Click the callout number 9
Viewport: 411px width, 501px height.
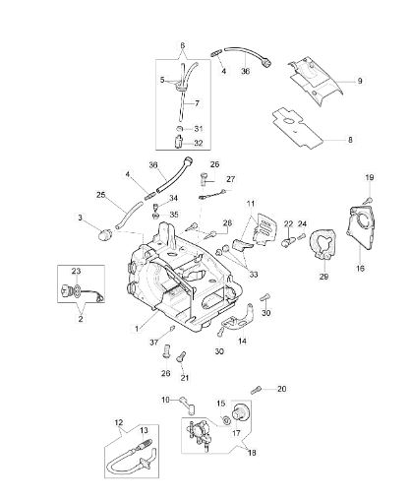pyautogui.click(x=360, y=81)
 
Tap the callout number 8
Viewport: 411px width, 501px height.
pyautogui.click(x=350, y=140)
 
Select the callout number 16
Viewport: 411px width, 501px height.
pyautogui.click(x=360, y=269)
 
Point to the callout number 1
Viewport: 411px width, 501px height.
pyautogui.click(x=137, y=328)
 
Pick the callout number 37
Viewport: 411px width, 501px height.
pyautogui.click(x=154, y=343)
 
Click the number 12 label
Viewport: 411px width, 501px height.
pyautogui.click(x=119, y=422)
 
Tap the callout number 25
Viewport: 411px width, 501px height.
pyautogui.click(x=101, y=195)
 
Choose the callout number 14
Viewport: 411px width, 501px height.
pyautogui.click(x=242, y=342)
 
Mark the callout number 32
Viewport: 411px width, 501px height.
pyautogui.click(x=199, y=144)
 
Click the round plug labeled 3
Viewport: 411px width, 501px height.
pyautogui.click(x=105, y=234)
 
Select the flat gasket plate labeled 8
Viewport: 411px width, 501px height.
pyautogui.click(x=298, y=128)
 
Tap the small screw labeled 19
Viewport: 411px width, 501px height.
pyautogui.click(x=368, y=199)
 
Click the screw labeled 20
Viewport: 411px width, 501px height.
pyautogui.click(x=257, y=391)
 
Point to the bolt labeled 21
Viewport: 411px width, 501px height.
pyautogui.click(x=181, y=356)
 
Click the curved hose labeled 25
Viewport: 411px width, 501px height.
pyautogui.click(x=128, y=216)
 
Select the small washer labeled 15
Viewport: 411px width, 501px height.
pyautogui.click(x=225, y=420)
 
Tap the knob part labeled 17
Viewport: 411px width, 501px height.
pyautogui.click(x=240, y=411)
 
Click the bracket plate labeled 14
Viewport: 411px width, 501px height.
pyautogui.click(x=237, y=317)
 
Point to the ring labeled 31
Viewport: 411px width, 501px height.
pyautogui.click(x=180, y=128)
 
